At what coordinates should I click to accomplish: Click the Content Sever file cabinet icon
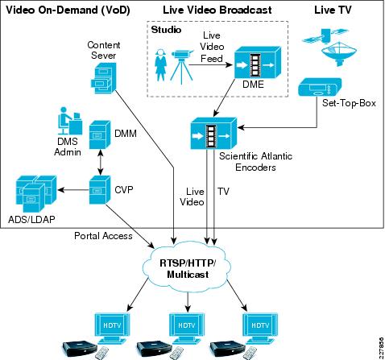point(103,78)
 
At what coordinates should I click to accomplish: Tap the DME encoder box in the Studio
point(258,62)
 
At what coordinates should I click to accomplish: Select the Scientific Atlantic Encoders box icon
point(213,134)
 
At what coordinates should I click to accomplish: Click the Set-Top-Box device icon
point(320,87)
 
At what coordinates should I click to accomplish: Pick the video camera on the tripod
point(182,66)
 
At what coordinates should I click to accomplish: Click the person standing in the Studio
point(160,64)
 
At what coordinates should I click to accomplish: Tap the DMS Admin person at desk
point(70,121)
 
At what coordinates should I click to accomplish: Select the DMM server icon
point(100,134)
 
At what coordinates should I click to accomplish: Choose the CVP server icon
point(100,190)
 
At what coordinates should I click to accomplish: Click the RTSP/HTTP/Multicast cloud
point(188,268)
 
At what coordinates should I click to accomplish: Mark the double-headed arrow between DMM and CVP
point(101,162)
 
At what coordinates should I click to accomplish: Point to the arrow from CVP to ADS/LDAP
point(73,190)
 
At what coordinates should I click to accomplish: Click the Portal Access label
point(103,236)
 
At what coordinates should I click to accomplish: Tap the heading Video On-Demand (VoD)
point(68,10)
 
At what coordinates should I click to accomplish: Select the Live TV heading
point(333,10)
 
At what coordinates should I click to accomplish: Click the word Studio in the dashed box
point(166,30)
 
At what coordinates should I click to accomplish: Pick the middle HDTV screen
point(187,329)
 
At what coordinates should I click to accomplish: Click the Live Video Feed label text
point(212,47)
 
